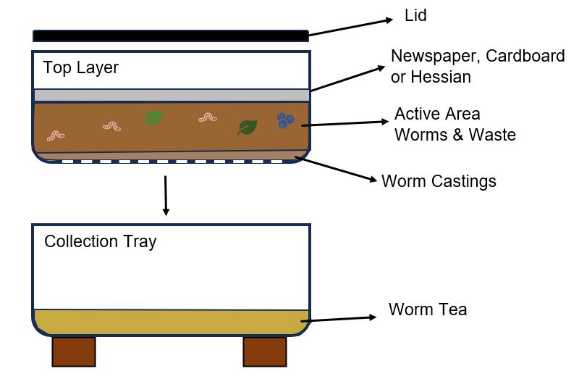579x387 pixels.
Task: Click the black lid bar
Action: point(171,36)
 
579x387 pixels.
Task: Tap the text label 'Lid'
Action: point(415,15)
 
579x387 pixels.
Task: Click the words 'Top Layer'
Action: point(80,68)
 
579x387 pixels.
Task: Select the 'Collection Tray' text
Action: point(100,241)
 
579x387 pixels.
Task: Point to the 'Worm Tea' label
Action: point(427,310)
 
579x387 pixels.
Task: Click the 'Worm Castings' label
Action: point(439,181)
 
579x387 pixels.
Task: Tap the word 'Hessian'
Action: point(441,77)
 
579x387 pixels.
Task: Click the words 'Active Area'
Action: point(436,115)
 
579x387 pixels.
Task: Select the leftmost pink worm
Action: point(56,135)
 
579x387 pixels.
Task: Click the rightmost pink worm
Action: point(208,116)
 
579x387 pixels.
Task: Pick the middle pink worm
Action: point(111,127)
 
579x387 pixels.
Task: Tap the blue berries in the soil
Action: point(284,121)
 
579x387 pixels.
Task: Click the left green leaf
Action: point(153,117)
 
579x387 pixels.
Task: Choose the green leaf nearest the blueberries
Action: point(248,128)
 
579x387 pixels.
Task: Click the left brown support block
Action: point(74,351)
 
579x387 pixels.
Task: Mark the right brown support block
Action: point(264,351)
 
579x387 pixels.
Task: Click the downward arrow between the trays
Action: point(166,195)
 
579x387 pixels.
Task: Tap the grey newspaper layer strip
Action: point(171,95)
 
